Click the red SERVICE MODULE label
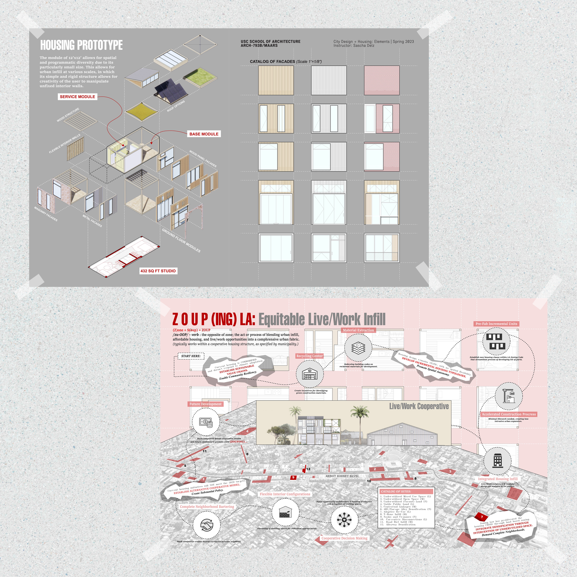77,97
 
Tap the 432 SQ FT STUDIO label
158,271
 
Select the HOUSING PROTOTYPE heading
81,45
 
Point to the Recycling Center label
309,356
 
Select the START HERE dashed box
191,356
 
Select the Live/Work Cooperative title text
419,406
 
